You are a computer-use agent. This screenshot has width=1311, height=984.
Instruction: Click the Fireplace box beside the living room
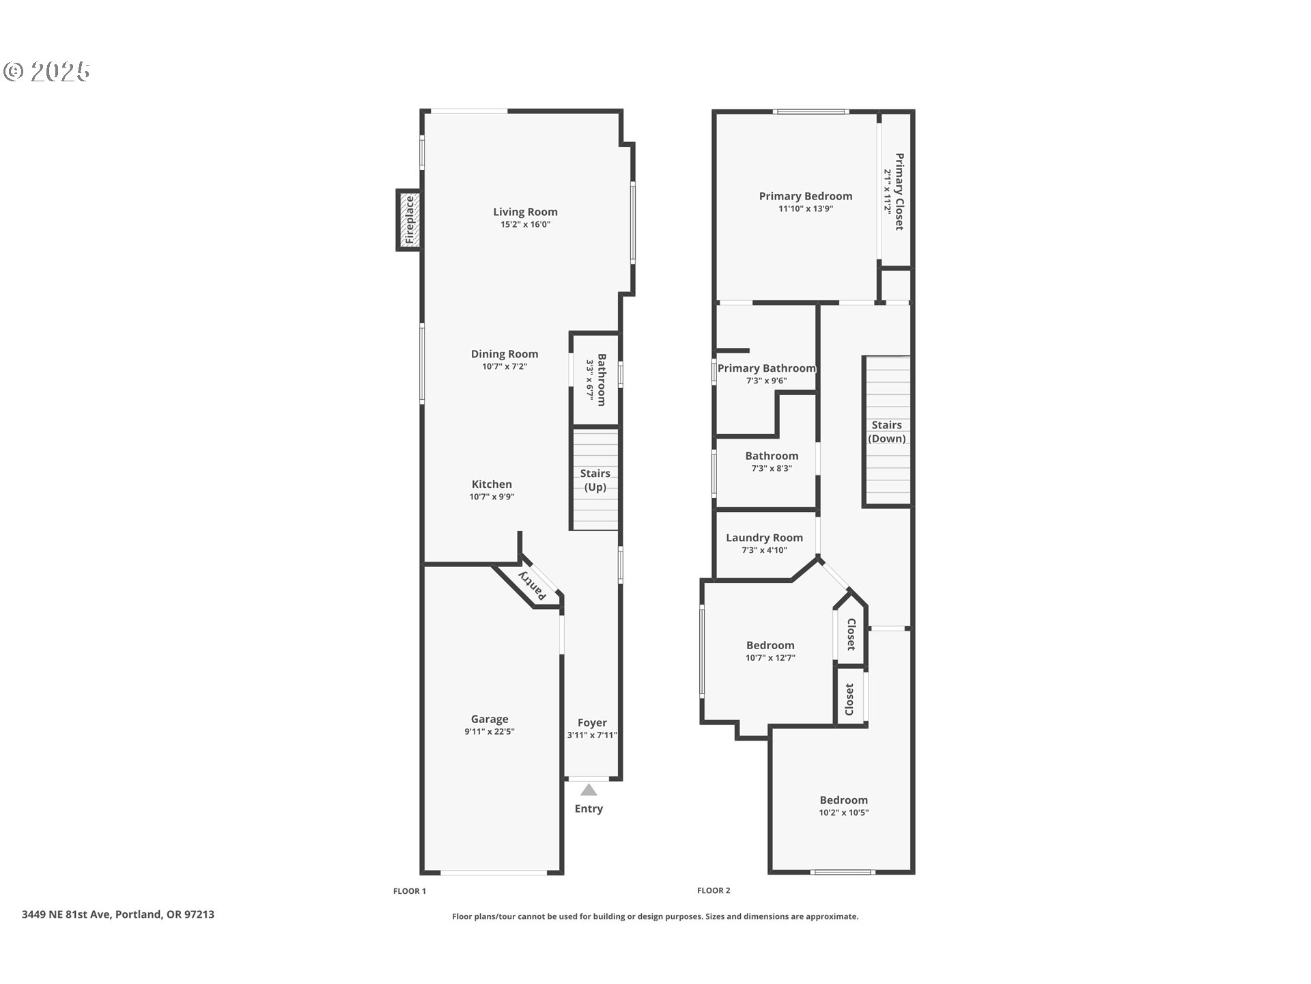point(409,220)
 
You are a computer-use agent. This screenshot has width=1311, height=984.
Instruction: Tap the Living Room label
point(525,212)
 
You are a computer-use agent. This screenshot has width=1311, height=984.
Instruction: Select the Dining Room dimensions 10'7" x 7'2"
point(504,366)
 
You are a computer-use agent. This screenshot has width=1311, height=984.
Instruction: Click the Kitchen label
point(491,484)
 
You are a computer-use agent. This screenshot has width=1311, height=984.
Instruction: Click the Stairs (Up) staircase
point(595,479)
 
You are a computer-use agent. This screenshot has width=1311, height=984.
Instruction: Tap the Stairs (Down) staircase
point(886,431)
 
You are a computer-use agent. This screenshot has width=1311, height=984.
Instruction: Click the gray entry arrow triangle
point(589,791)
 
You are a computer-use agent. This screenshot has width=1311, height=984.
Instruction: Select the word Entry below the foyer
point(589,808)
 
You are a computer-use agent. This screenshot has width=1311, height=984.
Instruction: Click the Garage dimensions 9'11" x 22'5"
point(489,732)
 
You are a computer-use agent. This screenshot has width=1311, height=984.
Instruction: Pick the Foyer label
point(592,722)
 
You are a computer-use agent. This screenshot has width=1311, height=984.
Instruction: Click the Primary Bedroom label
point(805,196)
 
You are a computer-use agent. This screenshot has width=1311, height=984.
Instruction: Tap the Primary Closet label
point(899,191)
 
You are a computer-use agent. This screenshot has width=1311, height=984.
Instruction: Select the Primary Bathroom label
point(766,368)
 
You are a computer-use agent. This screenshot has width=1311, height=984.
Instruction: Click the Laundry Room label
point(764,538)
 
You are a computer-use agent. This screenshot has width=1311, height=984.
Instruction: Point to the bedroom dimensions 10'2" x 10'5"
point(843,812)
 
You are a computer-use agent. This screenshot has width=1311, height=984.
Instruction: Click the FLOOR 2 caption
point(714,890)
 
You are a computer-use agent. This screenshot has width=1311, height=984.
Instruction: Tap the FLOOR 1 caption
point(409,891)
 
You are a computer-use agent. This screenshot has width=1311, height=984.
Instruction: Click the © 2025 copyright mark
point(46,71)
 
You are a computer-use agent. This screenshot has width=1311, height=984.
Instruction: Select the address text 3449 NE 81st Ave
point(66,914)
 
